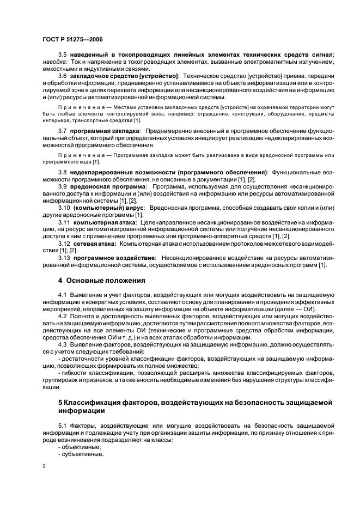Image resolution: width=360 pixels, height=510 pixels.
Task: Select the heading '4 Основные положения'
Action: (102, 281)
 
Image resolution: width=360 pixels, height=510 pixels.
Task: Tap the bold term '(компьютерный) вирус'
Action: (108, 208)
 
